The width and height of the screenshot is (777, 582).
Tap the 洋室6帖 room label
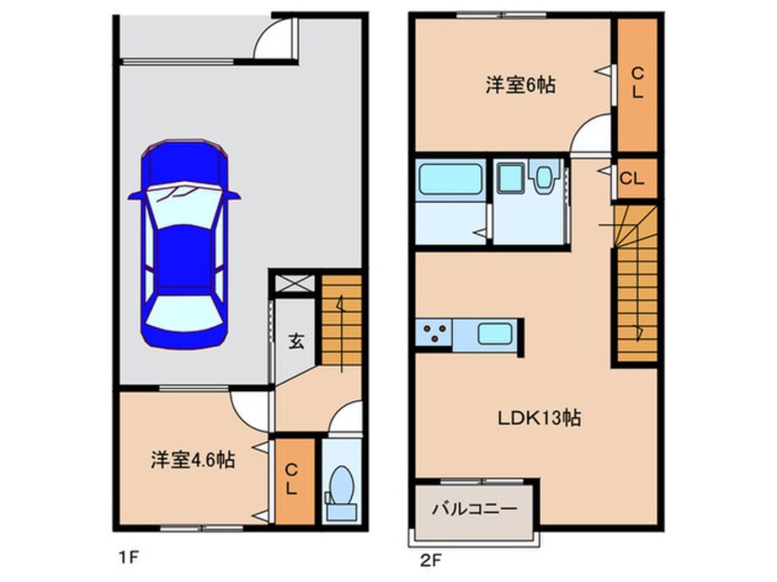click(520, 85)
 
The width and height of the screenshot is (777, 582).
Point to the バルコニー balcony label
click(474, 508)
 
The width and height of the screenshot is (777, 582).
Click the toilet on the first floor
click(341, 487)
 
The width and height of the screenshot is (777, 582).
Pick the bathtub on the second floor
click(450, 179)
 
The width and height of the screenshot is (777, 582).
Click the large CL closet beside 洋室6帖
click(636, 83)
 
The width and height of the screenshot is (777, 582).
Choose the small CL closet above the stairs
click(636, 178)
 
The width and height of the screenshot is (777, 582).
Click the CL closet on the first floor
click(291, 480)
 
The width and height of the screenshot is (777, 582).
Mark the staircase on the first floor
click(341, 321)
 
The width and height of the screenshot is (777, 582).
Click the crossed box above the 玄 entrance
click(294, 285)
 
